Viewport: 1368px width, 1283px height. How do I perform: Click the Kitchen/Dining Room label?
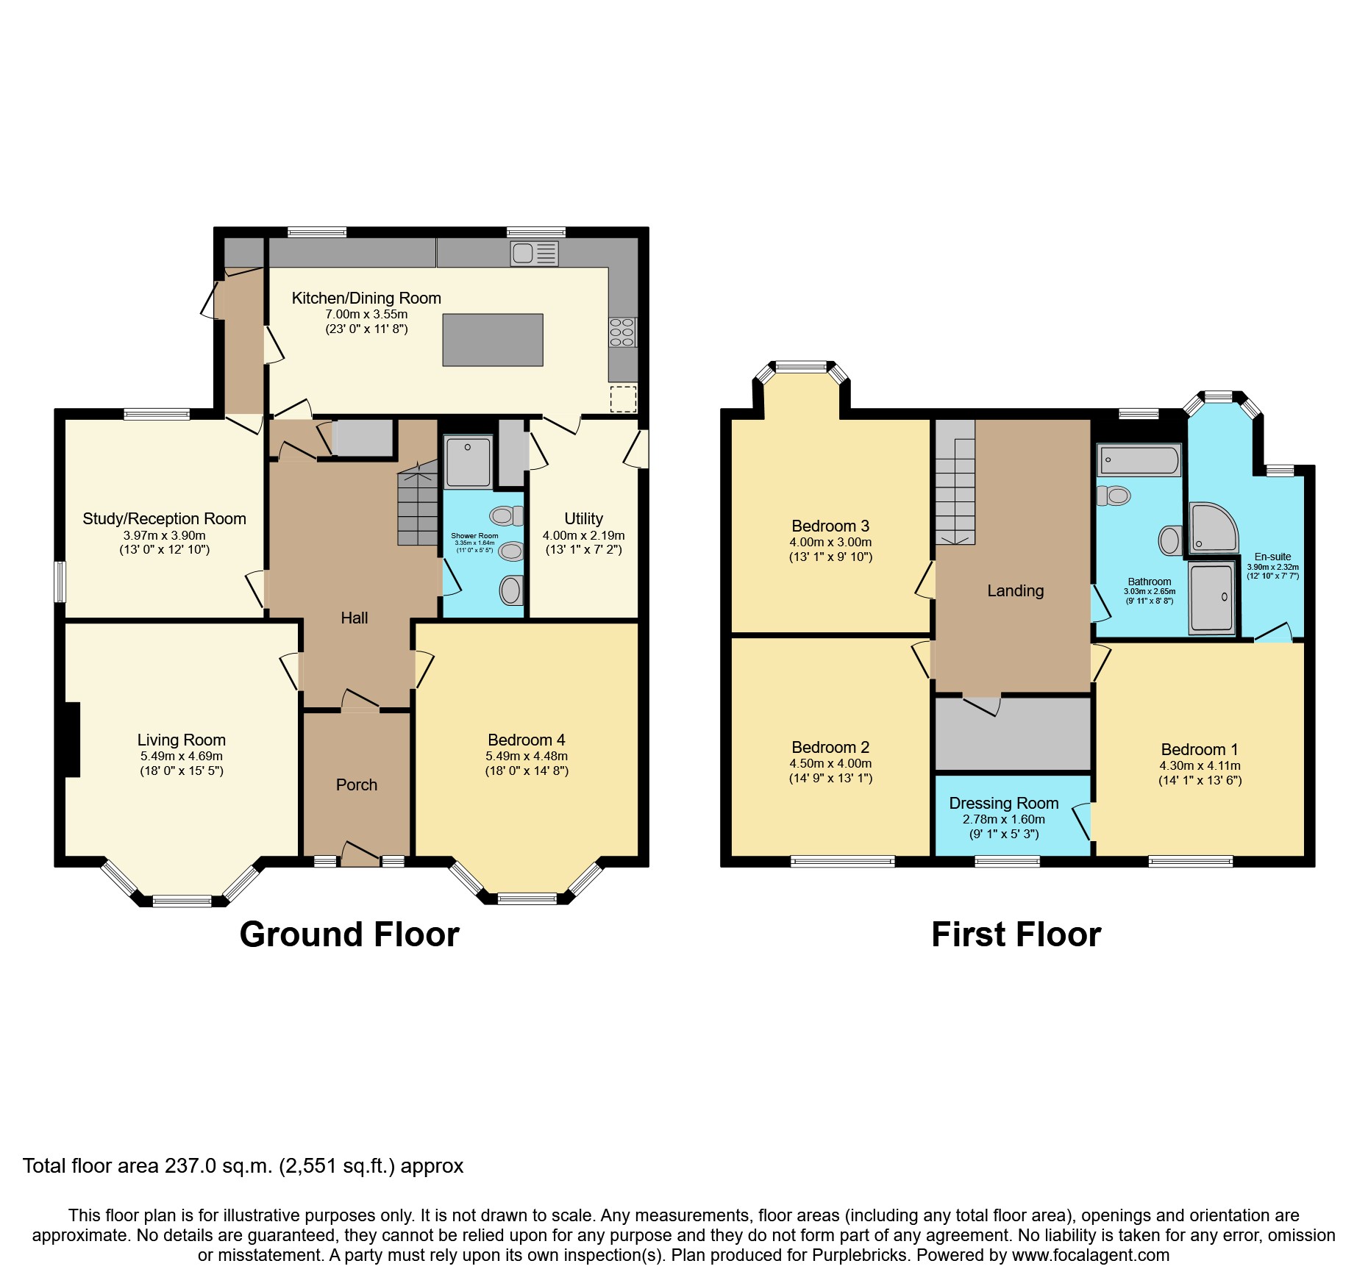click(366, 298)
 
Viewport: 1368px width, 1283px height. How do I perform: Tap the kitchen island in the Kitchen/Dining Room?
click(492, 340)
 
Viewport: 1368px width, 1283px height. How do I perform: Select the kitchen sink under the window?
click(534, 254)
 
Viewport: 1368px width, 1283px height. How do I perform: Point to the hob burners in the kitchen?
click(622, 332)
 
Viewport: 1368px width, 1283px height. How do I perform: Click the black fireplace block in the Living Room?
click(71, 740)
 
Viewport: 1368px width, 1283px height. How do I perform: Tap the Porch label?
click(356, 785)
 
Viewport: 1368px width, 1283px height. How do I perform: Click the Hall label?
click(354, 618)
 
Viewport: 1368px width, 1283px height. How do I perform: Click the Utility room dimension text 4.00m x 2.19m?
click(583, 535)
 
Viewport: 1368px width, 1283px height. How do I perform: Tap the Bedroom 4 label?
click(526, 740)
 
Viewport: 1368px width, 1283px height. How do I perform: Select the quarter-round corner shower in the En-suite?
click(1212, 528)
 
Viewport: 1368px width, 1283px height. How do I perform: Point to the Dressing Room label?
click(1003, 803)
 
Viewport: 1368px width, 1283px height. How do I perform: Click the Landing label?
click(1015, 590)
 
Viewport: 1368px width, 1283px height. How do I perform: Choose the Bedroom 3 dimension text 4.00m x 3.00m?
click(830, 542)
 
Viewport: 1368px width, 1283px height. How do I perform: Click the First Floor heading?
click(1016, 934)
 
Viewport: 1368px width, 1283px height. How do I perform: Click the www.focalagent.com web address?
click(1090, 1254)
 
